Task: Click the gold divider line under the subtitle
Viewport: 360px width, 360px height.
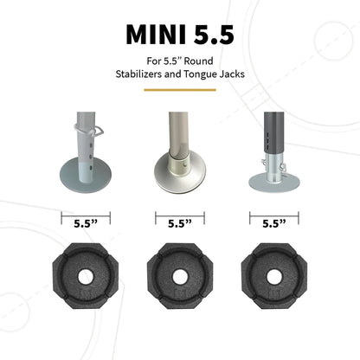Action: (x=179, y=90)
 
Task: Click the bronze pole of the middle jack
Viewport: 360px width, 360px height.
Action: (x=178, y=130)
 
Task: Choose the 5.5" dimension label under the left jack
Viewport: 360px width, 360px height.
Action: (x=84, y=222)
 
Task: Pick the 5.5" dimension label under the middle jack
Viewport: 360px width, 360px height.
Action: (x=179, y=222)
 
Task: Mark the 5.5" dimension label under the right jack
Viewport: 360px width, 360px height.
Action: (x=273, y=222)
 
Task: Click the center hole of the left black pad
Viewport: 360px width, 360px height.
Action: (x=84, y=278)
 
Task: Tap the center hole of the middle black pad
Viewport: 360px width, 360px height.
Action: (x=179, y=278)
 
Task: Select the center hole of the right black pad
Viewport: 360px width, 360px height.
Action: (x=273, y=278)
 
